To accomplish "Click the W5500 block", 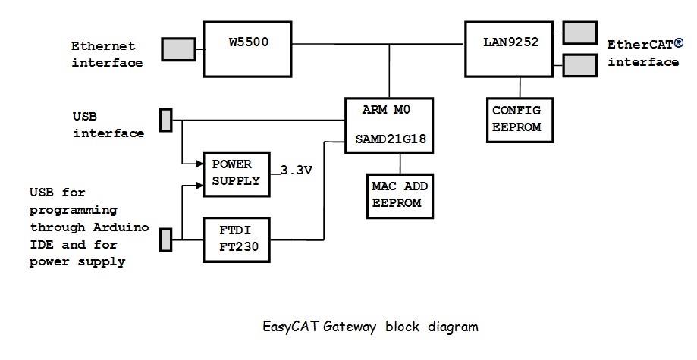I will pyautogui.click(x=248, y=49).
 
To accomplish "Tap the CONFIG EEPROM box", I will pyautogui.click(x=516, y=119).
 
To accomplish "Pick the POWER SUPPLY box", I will pyautogui.click(x=235, y=173).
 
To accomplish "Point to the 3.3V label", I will pyautogui.click(x=296, y=171).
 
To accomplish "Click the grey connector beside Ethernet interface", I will pyautogui.click(x=178, y=49).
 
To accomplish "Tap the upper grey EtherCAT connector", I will pyautogui.click(x=579, y=33).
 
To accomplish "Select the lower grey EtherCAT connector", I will pyautogui.click(x=579, y=66).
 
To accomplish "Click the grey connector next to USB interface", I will pyautogui.click(x=165, y=120).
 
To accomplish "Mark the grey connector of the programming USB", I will pyautogui.click(x=165, y=240).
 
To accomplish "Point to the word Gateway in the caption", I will pyautogui.click(x=351, y=327).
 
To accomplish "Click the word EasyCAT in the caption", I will pyautogui.click(x=290, y=327).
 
